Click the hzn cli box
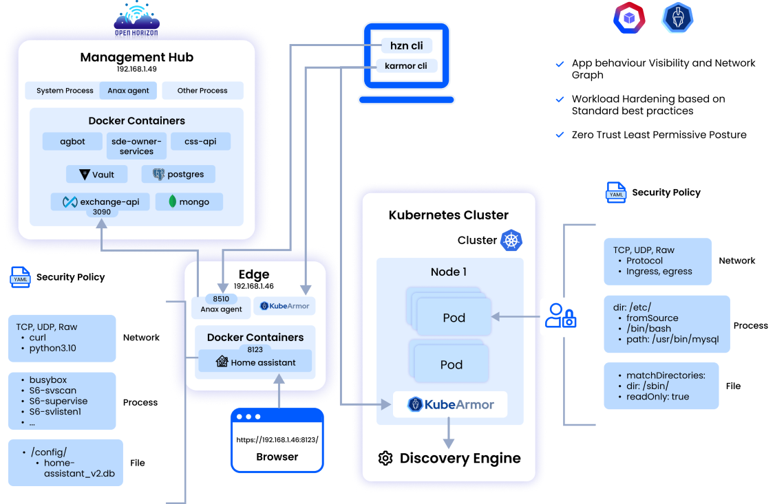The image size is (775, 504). pyautogui.click(x=407, y=46)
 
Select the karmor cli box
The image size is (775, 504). pyautogui.click(x=406, y=66)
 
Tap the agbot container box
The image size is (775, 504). pyautogui.click(x=72, y=141)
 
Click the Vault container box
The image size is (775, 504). pyautogui.click(x=97, y=174)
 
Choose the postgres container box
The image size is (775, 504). pyautogui.click(x=178, y=174)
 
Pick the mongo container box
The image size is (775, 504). pyautogui.click(x=188, y=201)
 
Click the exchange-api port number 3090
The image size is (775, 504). pyautogui.click(x=102, y=212)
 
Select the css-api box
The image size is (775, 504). pyautogui.click(x=200, y=141)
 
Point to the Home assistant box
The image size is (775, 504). pyautogui.click(x=255, y=362)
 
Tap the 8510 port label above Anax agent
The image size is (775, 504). pyautogui.click(x=221, y=299)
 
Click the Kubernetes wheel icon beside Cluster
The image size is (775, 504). pyautogui.click(x=511, y=240)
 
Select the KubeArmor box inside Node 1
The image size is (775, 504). pyautogui.click(x=450, y=404)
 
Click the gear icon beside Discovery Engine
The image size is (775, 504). pyautogui.click(x=385, y=459)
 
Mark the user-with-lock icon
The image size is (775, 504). pyautogui.click(x=560, y=316)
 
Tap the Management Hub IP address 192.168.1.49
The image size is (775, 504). pyautogui.click(x=136, y=69)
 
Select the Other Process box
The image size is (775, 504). pyautogui.click(x=202, y=90)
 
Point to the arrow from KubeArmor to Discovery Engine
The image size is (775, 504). pyautogui.click(x=449, y=432)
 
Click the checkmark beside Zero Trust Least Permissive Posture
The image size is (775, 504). pyautogui.click(x=560, y=135)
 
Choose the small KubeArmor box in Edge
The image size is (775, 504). pyautogui.click(x=284, y=306)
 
